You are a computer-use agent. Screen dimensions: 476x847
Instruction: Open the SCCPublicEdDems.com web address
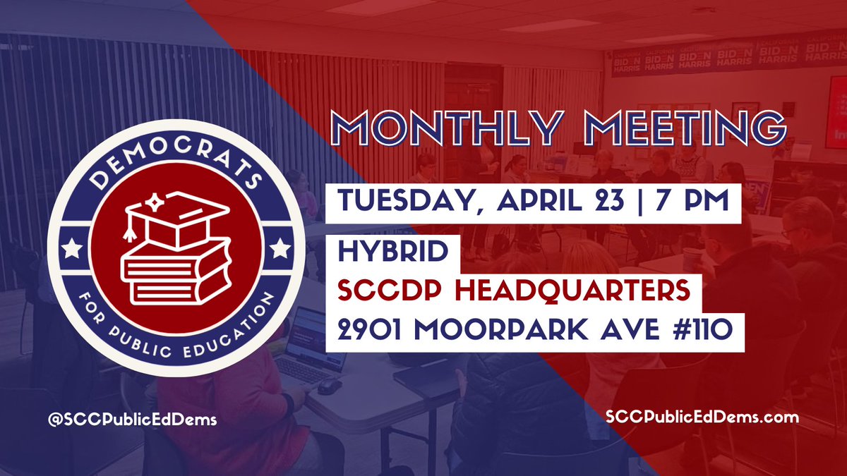(702, 417)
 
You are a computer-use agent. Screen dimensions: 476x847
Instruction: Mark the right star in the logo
(280, 248)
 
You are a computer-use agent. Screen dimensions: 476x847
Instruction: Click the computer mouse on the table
(328, 386)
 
